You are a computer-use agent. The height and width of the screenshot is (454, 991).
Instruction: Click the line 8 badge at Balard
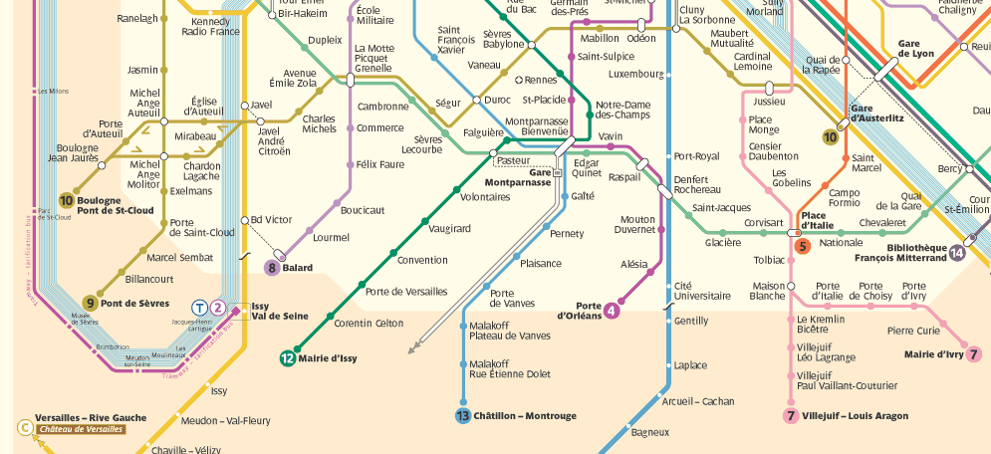tap(272, 267)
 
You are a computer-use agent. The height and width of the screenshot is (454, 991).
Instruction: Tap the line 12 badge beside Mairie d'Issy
tap(287, 358)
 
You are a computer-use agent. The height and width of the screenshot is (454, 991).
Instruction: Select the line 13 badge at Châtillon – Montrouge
tap(463, 416)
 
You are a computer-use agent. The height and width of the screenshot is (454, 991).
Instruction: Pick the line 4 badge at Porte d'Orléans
tap(612, 310)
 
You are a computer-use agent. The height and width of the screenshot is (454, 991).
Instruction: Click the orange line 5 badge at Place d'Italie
tap(802, 247)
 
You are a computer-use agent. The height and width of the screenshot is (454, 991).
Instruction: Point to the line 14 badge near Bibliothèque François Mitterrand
tap(958, 252)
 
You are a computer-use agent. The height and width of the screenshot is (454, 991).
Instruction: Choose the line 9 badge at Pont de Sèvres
tap(90, 303)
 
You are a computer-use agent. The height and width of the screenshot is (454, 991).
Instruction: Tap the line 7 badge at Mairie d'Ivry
tap(974, 353)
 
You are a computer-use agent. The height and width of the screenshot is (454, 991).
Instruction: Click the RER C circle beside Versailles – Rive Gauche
tap(24, 428)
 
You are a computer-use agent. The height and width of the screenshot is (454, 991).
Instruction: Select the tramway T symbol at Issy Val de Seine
tap(200, 308)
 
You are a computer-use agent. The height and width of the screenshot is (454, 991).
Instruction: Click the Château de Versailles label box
tap(81, 429)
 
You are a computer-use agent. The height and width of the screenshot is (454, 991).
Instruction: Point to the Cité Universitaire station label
tap(696, 291)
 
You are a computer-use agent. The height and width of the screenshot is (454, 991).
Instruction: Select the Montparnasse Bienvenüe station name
tap(537, 126)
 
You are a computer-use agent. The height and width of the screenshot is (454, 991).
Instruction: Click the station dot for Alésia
tap(648, 271)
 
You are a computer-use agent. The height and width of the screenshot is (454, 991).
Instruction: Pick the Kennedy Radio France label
tap(210, 26)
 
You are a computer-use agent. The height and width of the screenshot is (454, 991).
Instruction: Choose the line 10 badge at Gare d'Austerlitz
tap(830, 137)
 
